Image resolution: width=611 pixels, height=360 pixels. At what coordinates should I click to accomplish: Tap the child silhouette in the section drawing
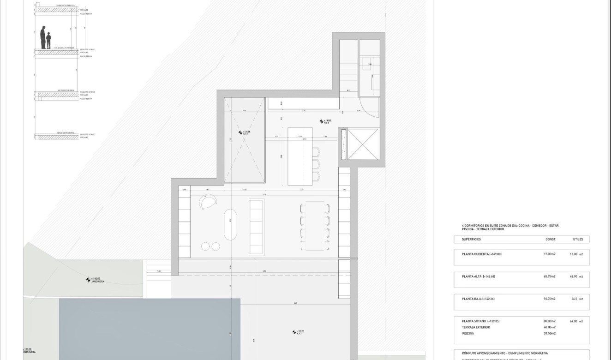(x=48, y=41)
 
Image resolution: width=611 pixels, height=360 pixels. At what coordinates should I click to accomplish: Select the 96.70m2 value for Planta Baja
(x=549, y=299)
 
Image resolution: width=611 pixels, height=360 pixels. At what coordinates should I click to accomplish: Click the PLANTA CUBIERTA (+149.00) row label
(x=481, y=254)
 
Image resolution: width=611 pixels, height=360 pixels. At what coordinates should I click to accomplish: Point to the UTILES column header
(x=578, y=240)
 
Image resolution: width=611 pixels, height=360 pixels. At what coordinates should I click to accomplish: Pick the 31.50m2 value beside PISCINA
(x=549, y=333)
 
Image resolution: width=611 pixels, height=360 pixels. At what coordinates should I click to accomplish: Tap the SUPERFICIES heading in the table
(x=471, y=240)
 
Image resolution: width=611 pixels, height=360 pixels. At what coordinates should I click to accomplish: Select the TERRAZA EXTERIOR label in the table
(x=475, y=327)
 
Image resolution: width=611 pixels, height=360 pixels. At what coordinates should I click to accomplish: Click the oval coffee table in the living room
(x=230, y=225)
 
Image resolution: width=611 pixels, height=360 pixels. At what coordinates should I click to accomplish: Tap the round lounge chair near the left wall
(x=209, y=202)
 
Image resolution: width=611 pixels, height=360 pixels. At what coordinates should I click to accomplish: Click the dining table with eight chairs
(x=315, y=226)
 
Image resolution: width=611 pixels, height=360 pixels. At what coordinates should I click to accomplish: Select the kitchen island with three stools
(x=300, y=156)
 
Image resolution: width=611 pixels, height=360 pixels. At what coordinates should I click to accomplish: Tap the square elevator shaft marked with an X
(x=362, y=144)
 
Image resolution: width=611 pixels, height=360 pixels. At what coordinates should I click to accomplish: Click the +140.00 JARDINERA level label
(x=96, y=280)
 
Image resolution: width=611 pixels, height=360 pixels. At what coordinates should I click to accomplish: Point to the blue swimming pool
(x=150, y=328)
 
